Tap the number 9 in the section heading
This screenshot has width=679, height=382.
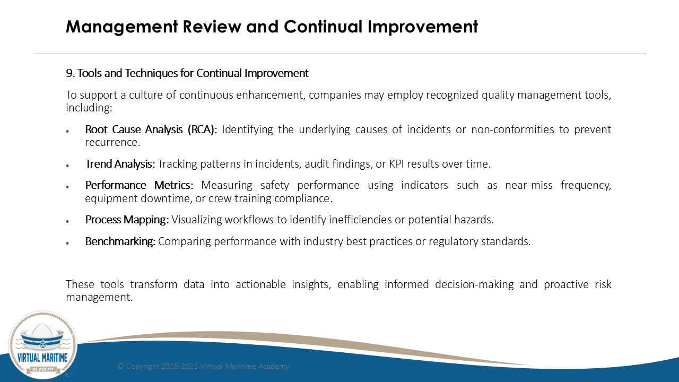(x=69, y=73)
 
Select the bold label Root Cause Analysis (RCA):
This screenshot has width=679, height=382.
(x=151, y=130)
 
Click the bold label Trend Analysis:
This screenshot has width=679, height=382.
(x=120, y=164)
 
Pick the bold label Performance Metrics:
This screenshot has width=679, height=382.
(x=139, y=185)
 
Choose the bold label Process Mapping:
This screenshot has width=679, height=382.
(x=127, y=220)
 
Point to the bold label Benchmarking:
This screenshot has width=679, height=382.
(x=120, y=241)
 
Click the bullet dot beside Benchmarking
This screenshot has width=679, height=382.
(x=67, y=243)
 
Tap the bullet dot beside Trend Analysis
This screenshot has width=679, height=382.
(x=67, y=166)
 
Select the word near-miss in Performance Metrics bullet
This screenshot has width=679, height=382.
(x=529, y=185)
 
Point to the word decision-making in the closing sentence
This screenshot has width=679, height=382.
(x=474, y=285)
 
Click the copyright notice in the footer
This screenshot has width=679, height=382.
(x=203, y=366)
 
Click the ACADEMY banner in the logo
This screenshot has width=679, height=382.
(x=43, y=369)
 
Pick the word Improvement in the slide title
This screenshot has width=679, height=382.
(x=423, y=27)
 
